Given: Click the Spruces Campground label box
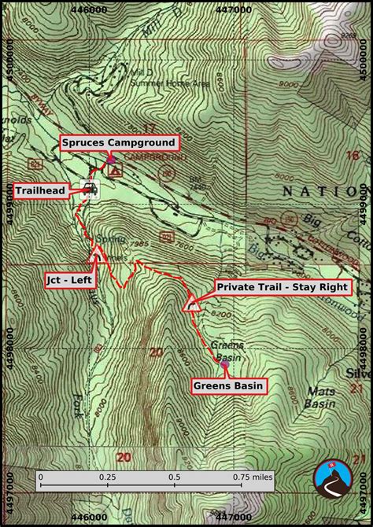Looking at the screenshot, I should (x=120, y=143).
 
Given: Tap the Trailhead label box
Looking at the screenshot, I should (x=40, y=190).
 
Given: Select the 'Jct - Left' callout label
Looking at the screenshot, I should (x=67, y=278).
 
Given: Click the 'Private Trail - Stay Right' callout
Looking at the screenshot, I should (x=281, y=287).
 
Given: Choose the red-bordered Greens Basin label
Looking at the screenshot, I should (x=227, y=385).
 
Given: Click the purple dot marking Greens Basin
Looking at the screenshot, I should (x=224, y=365).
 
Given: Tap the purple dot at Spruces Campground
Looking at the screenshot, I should (x=110, y=159).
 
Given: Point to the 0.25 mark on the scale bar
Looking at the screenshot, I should (x=107, y=477).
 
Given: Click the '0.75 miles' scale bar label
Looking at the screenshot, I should (x=252, y=477).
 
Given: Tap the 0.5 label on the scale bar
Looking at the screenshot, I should (x=175, y=477).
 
